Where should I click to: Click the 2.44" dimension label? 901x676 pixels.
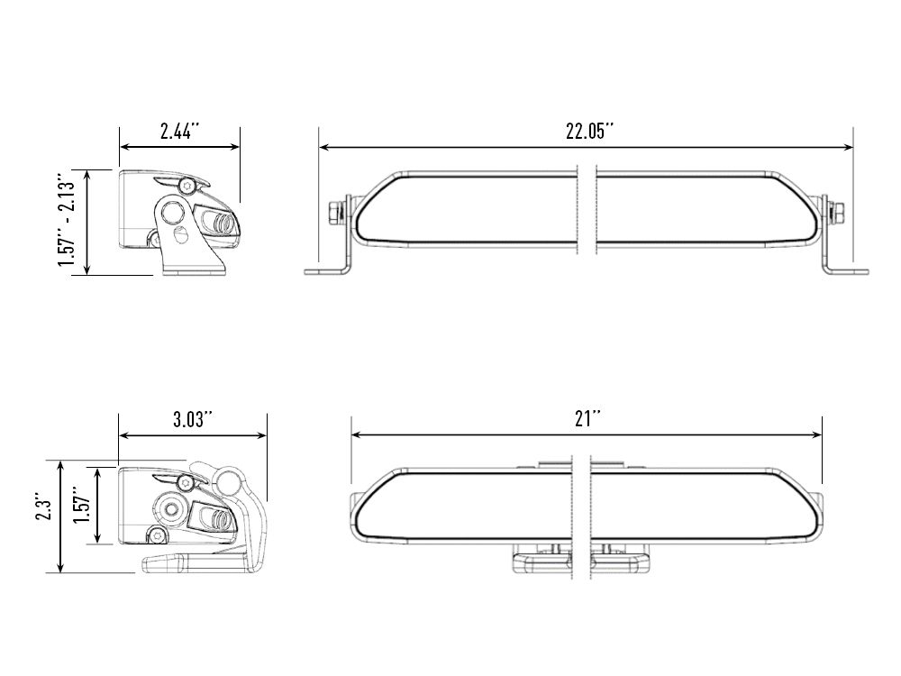[x=179, y=132]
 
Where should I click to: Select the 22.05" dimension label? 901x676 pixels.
[x=589, y=132]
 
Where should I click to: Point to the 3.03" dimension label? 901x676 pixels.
[x=192, y=420]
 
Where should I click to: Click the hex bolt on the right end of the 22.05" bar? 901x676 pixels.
[x=837, y=213]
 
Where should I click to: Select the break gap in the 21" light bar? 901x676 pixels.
[x=580, y=514]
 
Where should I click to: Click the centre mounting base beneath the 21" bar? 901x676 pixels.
[x=580, y=561]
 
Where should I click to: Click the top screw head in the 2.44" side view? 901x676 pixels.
[x=187, y=185]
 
